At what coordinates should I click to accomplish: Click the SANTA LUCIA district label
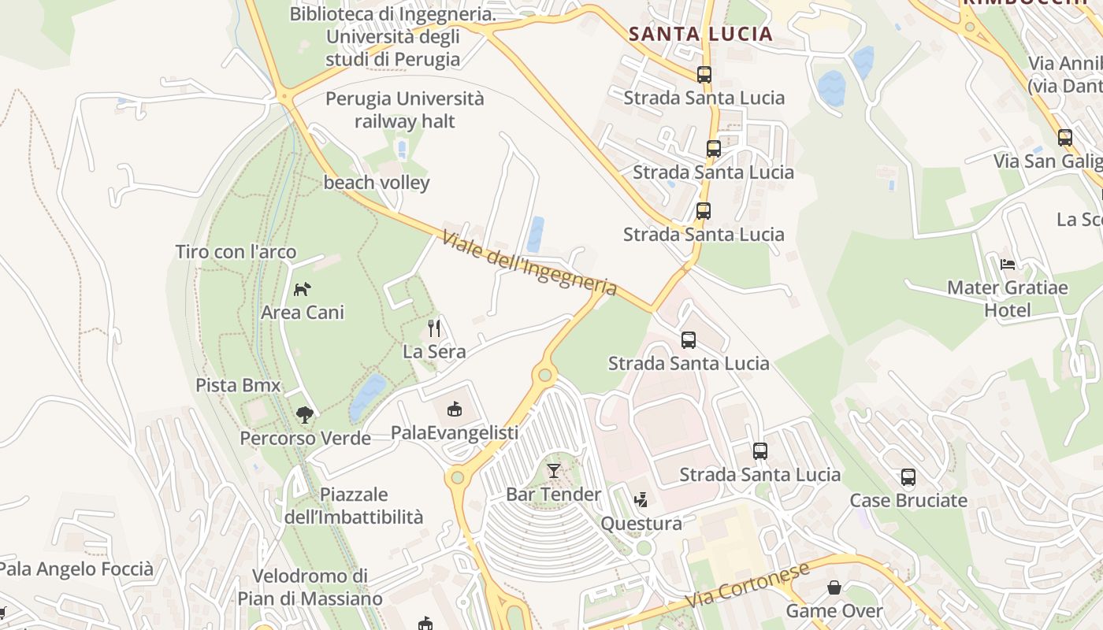[700, 34]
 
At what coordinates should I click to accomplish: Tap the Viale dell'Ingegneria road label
[529, 263]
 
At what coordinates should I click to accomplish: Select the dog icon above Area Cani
[303, 289]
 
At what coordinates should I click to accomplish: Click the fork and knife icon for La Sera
[434, 328]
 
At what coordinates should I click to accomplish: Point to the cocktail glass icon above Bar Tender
[554, 471]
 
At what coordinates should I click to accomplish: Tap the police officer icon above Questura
[641, 499]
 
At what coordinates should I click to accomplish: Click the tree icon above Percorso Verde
[304, 414]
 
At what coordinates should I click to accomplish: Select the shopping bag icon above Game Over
[834, 587]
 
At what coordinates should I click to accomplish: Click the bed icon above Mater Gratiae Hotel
[1007, 264]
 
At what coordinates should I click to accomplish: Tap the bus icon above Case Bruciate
[908, 477]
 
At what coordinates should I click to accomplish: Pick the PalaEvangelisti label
[455, 432]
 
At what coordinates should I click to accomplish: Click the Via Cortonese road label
[747, 585]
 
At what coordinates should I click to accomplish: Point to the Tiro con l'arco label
[236, 252]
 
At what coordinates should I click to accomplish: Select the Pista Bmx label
[238, 386]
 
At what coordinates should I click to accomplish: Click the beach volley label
[377, 183]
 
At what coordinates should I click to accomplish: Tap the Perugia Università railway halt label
[405, 110]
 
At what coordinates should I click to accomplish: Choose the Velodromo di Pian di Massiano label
[310, 587]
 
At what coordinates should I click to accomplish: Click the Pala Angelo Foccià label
[76, 569]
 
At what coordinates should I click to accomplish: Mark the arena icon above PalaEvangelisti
[455, 409]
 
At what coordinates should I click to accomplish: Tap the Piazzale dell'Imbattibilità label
[354, 506]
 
